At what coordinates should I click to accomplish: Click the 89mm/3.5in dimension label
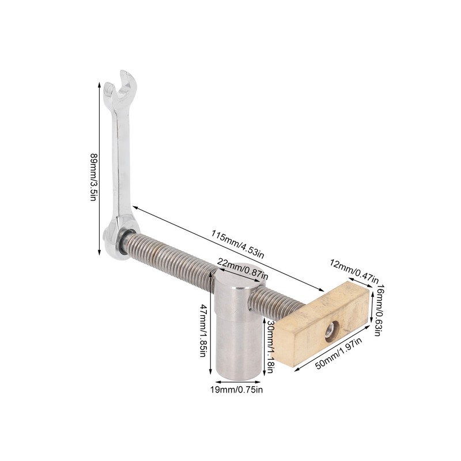click(93, 175)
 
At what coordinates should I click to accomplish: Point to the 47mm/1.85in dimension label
click(203, 330)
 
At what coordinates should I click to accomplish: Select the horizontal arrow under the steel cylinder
click(239, 382)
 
